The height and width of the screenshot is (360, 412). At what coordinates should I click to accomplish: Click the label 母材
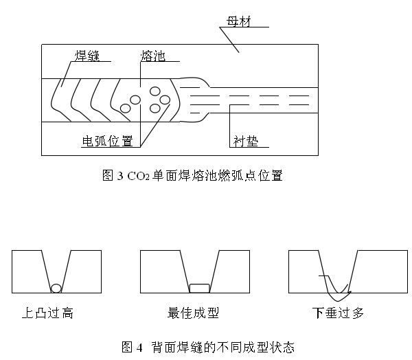238,22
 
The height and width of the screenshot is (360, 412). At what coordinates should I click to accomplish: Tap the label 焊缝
89,56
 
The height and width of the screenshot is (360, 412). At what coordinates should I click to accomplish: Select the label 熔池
152,56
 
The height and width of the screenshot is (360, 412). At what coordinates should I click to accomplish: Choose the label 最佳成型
193,313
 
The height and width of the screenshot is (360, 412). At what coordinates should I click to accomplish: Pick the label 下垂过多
338,313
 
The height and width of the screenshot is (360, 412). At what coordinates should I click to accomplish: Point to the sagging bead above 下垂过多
334,285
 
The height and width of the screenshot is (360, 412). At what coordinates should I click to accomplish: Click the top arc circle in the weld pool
155,92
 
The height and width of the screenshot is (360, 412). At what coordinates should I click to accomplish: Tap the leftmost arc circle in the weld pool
126,107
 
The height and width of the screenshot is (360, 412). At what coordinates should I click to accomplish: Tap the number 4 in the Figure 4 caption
139,347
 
